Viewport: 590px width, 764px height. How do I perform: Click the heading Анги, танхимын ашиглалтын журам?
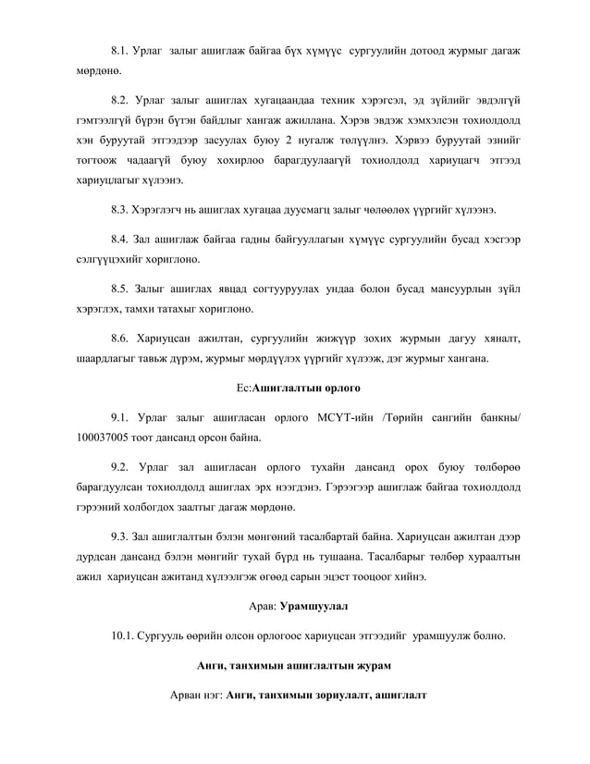point(294,665)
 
